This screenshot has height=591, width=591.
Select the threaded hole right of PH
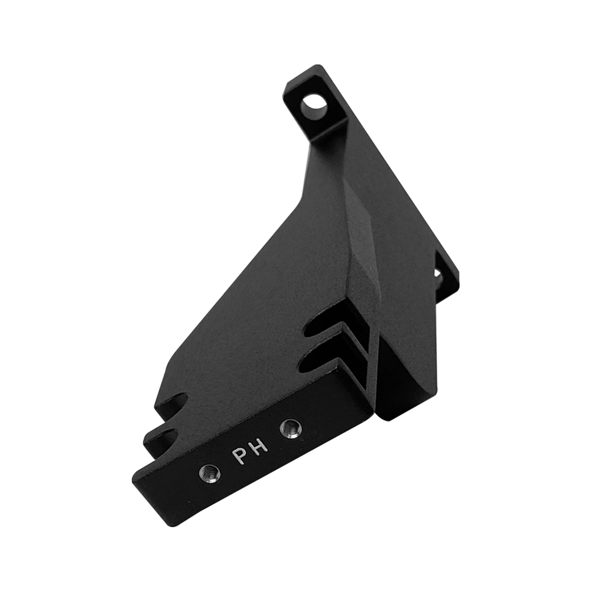(291, 428)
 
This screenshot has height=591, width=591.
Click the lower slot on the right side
(320, 359)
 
